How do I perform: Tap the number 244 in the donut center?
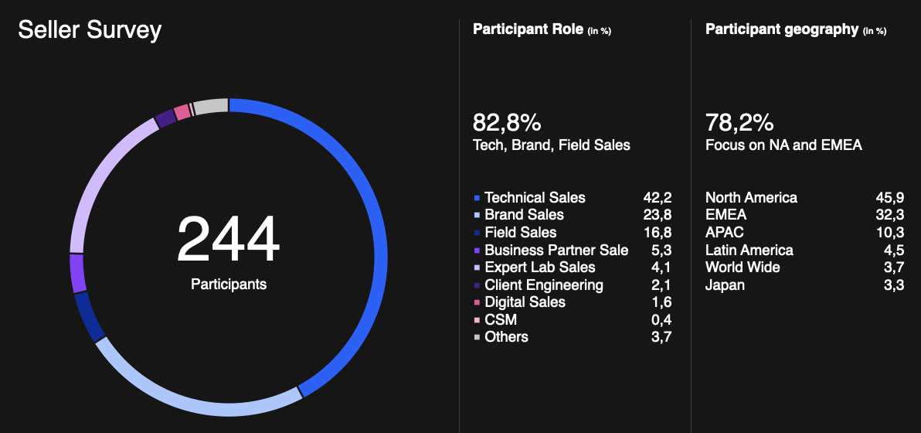(229, 240)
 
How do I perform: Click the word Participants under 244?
(229, 285)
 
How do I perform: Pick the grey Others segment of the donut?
(210, 107)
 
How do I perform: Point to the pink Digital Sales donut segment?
(182, 111)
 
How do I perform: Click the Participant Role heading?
(528, 30)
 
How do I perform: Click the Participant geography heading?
(782, 30)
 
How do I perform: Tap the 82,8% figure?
(506, 123)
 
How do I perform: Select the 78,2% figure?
(739, 123)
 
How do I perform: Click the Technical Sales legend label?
(535, 198)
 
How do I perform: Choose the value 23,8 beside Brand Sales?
(658, 215)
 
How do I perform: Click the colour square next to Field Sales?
(477, 233)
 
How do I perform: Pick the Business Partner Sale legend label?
(556, 251)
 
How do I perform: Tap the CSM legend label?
(501, 319)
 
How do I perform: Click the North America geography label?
(751, 198)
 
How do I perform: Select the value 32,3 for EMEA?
(890, 215)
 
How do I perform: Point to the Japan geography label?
(725, 285)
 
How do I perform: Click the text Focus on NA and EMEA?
(783, 145)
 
